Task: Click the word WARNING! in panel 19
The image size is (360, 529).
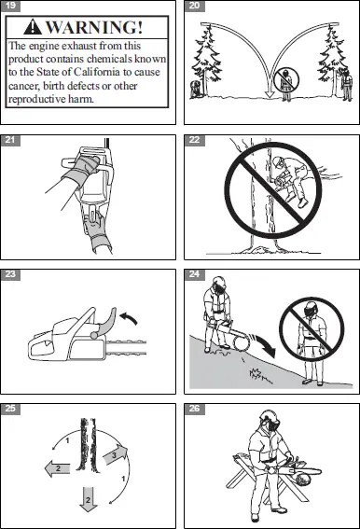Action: pos(97,25)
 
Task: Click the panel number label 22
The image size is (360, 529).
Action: pos(193,140)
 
